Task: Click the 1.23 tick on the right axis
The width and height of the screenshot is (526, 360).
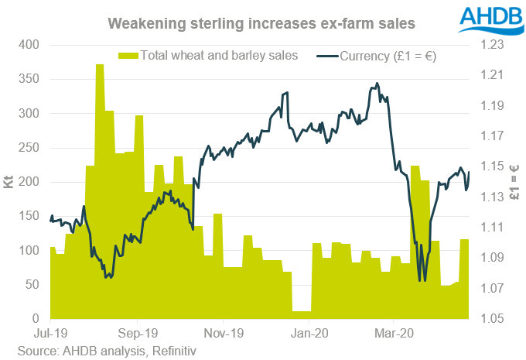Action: (497, 45)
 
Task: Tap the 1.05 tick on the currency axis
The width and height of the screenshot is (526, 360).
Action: (497, 319)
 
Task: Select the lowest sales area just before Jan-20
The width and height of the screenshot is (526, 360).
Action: (301, 313)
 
